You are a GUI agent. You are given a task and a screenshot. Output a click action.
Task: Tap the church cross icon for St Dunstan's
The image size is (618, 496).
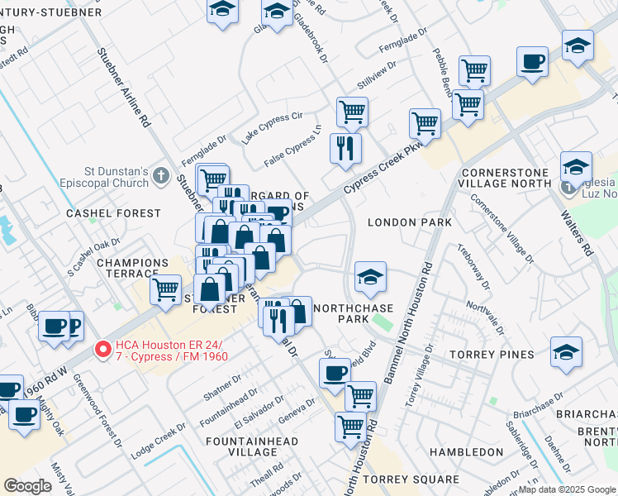161,176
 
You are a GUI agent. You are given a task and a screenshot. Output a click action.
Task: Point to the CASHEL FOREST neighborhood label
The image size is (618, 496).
113,213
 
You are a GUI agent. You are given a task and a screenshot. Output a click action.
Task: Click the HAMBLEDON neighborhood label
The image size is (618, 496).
462,452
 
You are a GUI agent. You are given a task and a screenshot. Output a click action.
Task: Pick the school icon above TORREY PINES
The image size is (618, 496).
566,351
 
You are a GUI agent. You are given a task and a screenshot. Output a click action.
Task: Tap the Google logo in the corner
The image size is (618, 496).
27,485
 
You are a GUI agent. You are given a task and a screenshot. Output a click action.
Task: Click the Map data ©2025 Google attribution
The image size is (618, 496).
567,489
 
